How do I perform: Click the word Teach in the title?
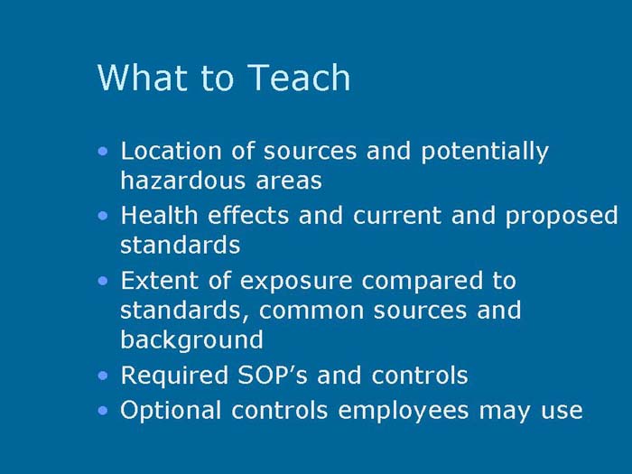coord(300,78)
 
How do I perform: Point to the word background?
coord(191,340)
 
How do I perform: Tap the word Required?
coord(172,376)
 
